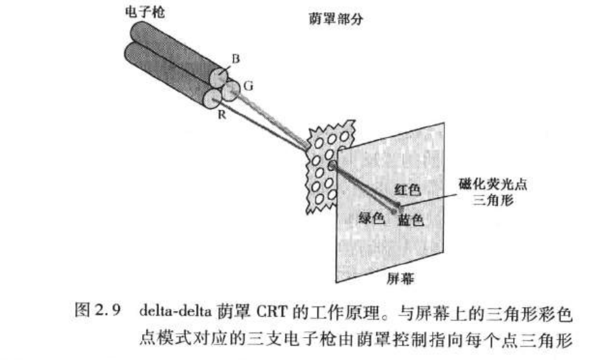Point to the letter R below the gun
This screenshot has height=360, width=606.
pyautogui.click(x=222, y=115)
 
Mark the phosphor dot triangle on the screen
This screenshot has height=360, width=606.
pyautogui.click(x=398, y=205)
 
